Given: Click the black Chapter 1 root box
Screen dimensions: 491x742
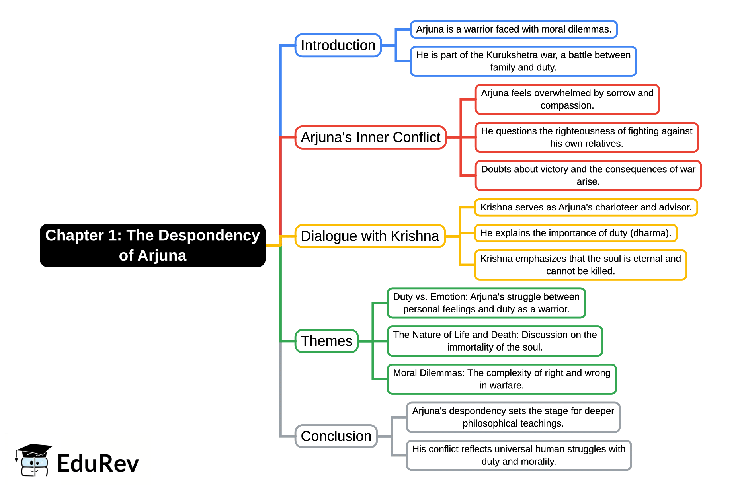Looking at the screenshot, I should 152,245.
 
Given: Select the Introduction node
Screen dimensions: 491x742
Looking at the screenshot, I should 338,45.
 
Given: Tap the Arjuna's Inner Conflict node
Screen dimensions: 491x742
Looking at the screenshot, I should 370,137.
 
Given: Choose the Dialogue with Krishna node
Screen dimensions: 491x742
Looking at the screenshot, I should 370,236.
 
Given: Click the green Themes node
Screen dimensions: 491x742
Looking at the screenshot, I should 326,341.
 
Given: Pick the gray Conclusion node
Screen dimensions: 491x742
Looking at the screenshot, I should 336,436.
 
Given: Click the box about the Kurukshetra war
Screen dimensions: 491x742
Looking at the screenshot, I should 523,61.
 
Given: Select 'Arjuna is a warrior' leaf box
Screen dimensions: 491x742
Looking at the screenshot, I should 514,29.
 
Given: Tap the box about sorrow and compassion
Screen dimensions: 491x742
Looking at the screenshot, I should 567,99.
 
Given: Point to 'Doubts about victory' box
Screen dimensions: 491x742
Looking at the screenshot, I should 588,175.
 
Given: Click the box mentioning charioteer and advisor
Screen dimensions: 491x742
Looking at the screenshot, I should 586,207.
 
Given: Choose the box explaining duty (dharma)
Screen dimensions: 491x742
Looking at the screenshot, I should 576,233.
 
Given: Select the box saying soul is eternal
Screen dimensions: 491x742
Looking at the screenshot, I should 580,265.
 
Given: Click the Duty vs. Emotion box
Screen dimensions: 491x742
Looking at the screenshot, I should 486,303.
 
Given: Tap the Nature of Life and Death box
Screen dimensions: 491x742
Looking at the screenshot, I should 495,341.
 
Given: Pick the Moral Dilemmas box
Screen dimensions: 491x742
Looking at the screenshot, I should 502,379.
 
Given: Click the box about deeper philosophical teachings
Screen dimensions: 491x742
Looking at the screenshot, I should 513,417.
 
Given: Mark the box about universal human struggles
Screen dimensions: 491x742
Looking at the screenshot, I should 519,455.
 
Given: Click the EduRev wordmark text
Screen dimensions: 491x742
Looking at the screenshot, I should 98,464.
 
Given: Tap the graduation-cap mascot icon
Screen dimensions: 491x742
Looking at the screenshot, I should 34,460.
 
